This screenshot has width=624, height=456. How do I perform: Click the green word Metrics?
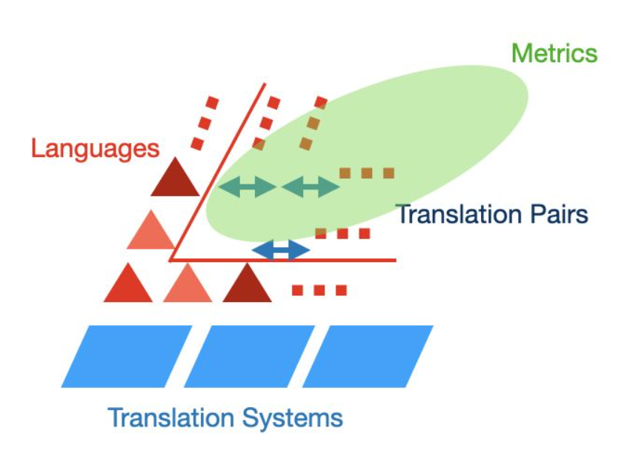point(554,53)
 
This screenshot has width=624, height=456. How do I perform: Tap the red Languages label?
point(95,149)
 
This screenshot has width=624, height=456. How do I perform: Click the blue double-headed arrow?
point(281,250)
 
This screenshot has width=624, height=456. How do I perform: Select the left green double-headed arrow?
point(248,187)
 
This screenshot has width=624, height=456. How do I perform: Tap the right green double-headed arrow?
point(311,187)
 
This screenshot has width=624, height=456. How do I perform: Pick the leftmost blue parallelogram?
point(127,356)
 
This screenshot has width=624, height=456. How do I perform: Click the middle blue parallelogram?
point(249,356)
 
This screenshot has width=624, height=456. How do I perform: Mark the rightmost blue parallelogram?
point(368,356)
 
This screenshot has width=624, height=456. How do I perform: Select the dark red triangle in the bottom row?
point(247,286)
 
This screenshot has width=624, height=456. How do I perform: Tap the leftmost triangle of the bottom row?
point(128,286)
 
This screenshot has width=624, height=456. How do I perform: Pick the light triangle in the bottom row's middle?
point(187,286)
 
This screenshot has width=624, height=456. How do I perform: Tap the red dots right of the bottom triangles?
point(319,290)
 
